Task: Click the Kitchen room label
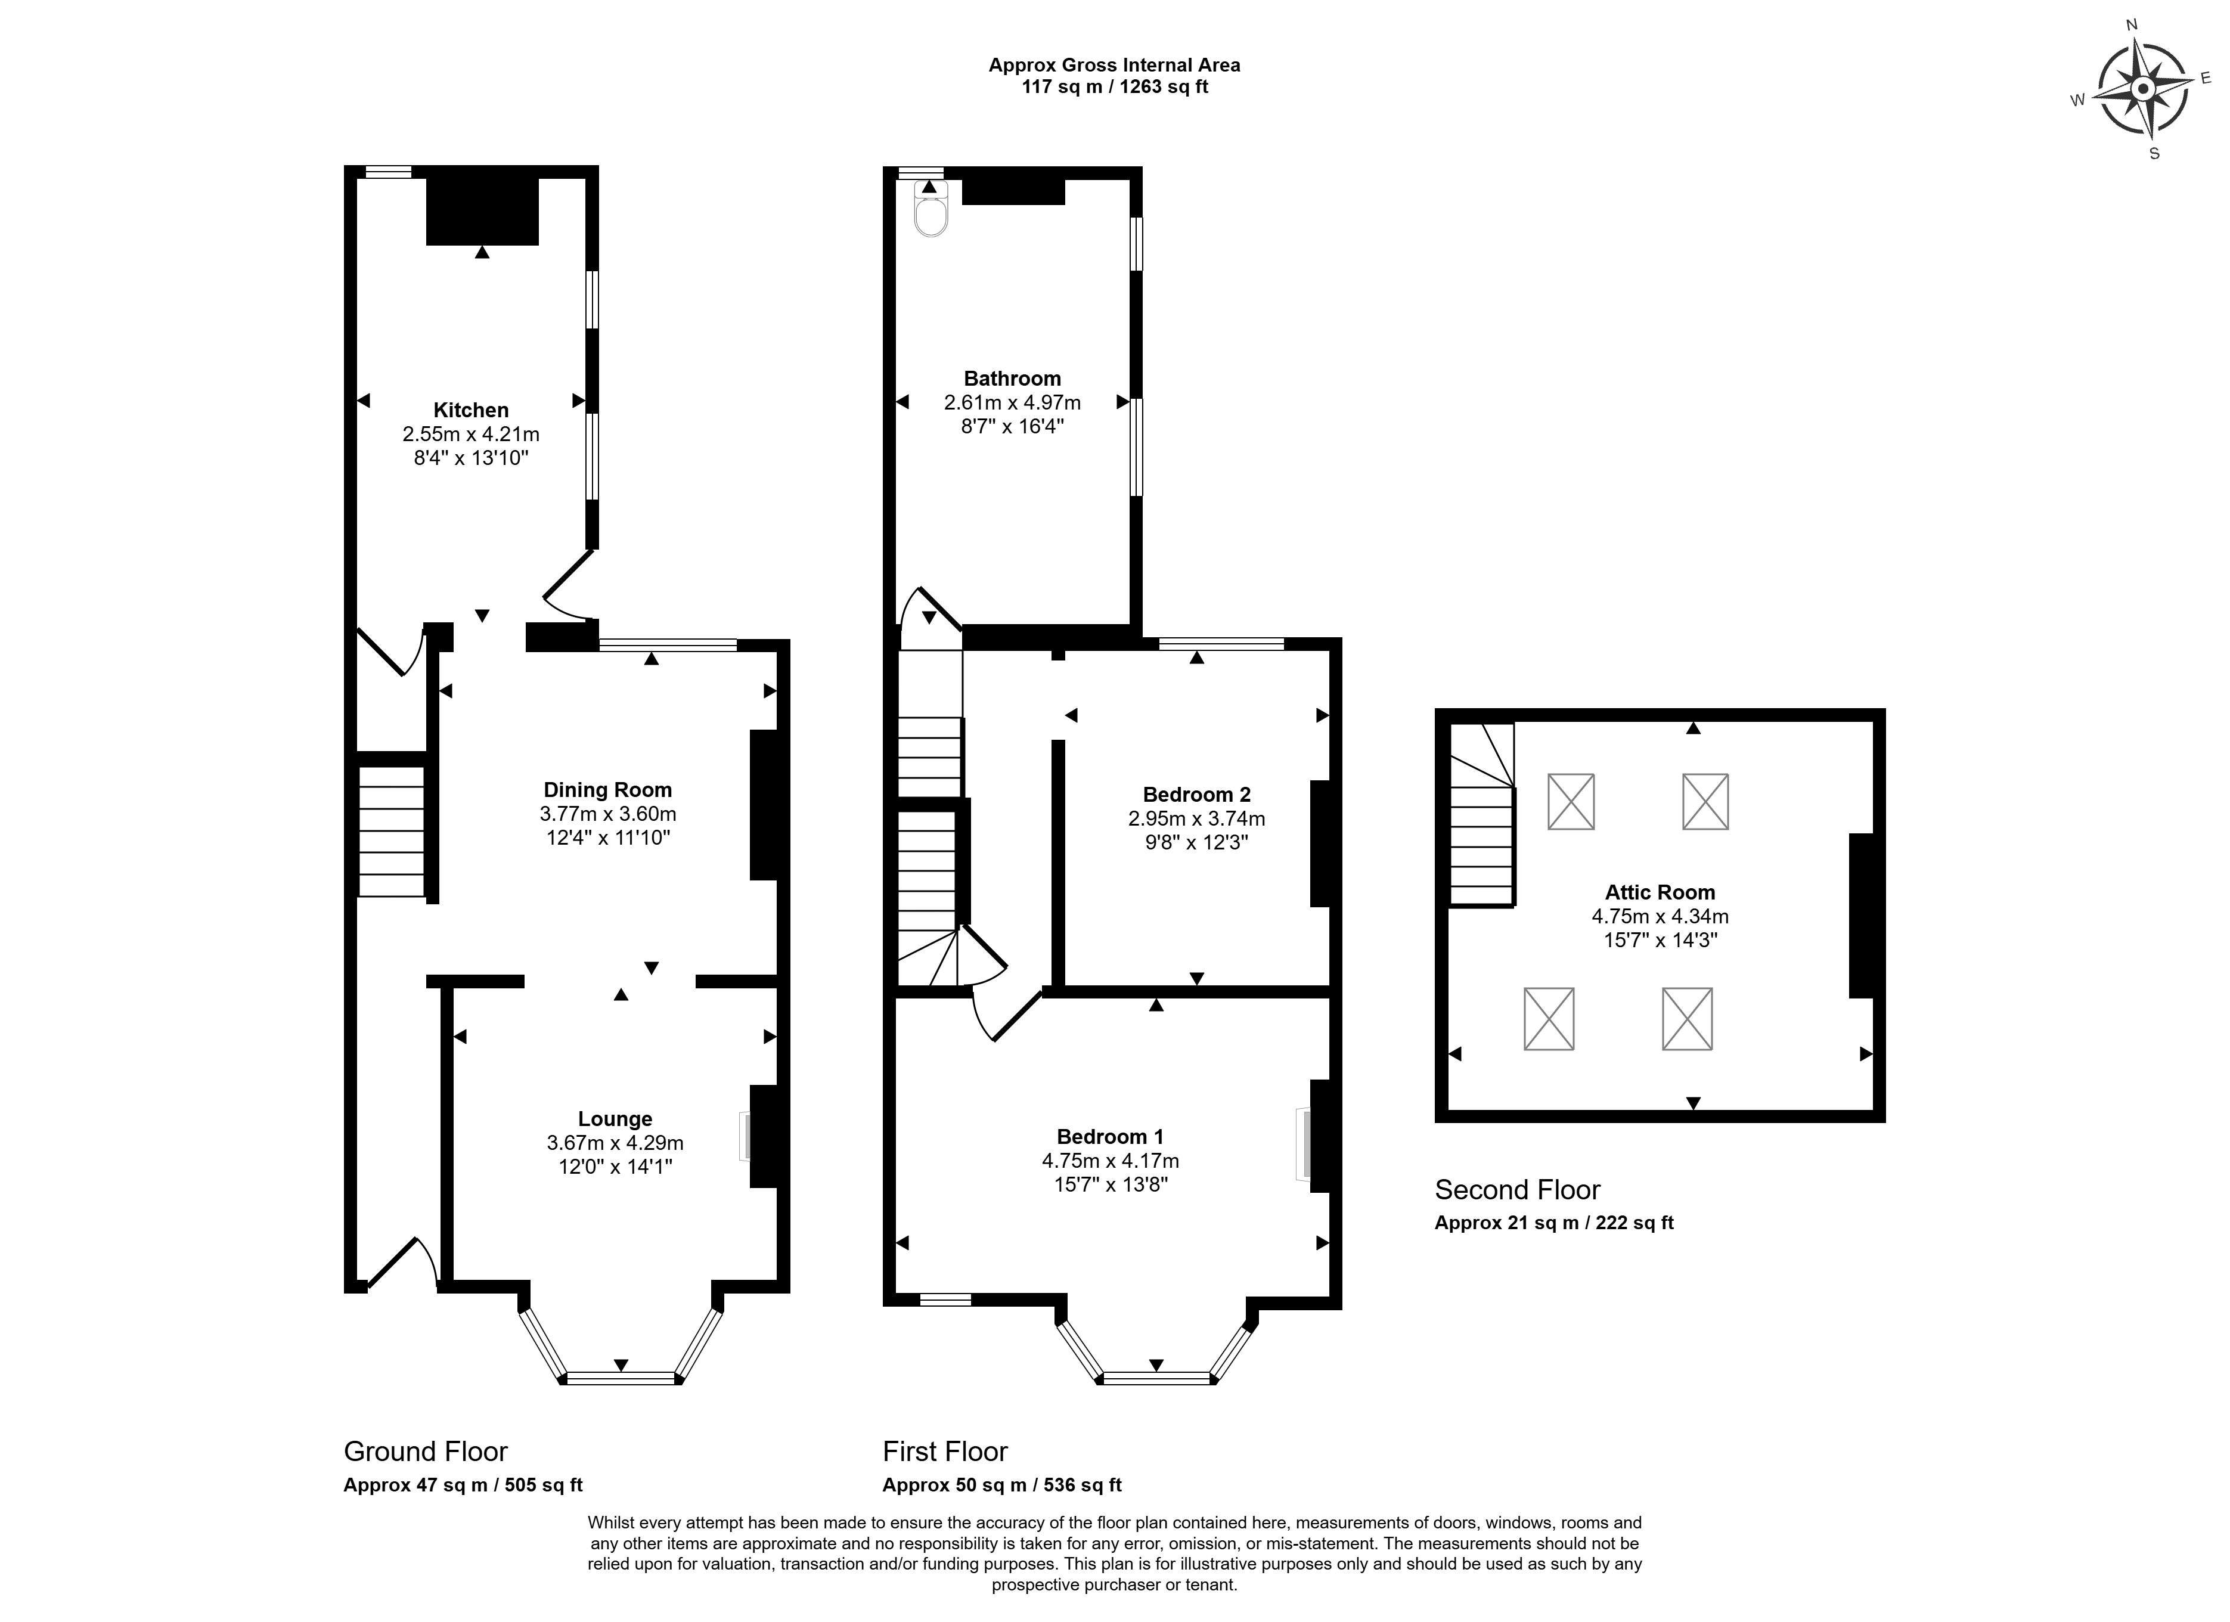coord(471,410)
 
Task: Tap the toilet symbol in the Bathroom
coord(930,209)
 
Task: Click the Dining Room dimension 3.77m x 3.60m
coord(607,814)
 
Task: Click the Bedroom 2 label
coord(1196,794)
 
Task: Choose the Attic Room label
coord(1660,892)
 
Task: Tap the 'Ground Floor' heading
coord(426,1452)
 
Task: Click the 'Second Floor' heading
coord(1517,1190)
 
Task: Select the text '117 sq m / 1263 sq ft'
coord(1115,86)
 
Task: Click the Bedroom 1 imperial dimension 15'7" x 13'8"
coord(1111,1184)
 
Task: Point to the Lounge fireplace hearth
coord(745,1136)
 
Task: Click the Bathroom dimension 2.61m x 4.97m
coord(1013,402)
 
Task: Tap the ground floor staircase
coord(391,830)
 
